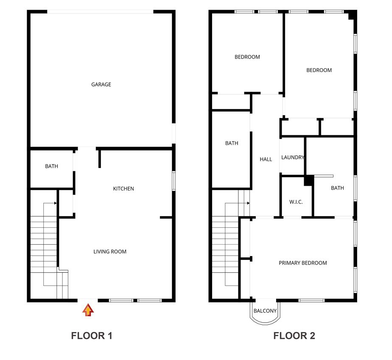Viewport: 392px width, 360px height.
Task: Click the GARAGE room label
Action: pyautogui.click(x=101, y=84)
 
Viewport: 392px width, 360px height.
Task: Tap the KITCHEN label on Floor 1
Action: pyautogui.click(x=123, y=189)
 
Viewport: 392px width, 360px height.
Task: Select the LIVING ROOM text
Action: pyautogui.click(x=110, y=251)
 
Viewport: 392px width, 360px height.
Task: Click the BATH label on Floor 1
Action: pyautogui.click(x=51, y=167)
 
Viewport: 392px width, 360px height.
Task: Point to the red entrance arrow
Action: pyautogui.click(x=88, y=310)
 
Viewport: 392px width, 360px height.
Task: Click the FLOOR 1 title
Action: pyautogui.click(x=92, y=336)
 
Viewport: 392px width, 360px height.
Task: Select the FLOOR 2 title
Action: pyautogui.click(x=294, y=336)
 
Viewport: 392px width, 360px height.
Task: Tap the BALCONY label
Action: pyautogui.click(x=265, y=311)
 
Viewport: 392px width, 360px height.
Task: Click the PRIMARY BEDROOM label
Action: pyautogui.click(x=302, y=263)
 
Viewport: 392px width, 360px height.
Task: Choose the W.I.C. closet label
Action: pyautogui.click(x=296, y=202)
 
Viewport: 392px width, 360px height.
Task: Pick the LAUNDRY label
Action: pyautogui.click(x=293, y=157)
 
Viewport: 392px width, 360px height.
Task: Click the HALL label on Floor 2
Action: pyautogui.click(x=266, y=159)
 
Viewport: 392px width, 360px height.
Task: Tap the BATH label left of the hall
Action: pyautogui.click(x=232, y=143)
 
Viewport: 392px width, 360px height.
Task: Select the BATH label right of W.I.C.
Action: pyautogui.click(x=337, y=188)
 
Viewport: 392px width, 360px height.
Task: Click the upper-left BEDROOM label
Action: pyautogui.click(x=247, y=57)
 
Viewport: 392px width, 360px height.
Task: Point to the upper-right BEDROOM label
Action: pyautogui.click(x=319, y=70)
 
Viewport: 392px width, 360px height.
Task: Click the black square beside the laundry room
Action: pyautogui.click(x=308, y=180)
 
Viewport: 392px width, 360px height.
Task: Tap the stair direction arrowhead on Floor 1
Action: pyautogui.click(x=56, y=203)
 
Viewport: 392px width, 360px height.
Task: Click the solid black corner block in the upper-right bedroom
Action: pyautogui.click(x=352, y=15)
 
